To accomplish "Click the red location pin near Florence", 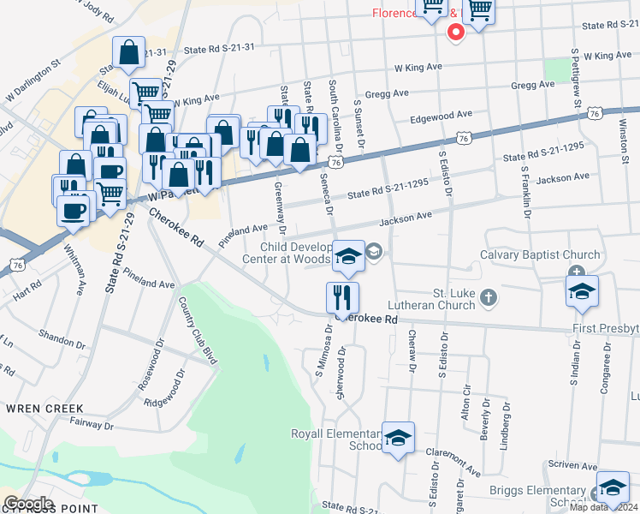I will (x=456, y=33).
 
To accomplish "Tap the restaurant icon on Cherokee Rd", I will (x=342, y=298).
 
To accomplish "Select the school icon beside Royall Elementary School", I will (x=398, y=439).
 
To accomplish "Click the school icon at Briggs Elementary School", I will (x=613, y=487).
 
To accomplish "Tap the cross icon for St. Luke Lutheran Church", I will (x=489, y=298).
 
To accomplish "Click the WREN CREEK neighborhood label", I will (x=45, y=409).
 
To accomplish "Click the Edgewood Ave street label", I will (x=441, y=115).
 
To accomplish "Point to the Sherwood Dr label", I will (x=342, y=371).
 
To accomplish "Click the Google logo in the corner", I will (x=28, y=503).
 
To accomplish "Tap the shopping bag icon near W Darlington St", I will (x=128, y=52).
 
